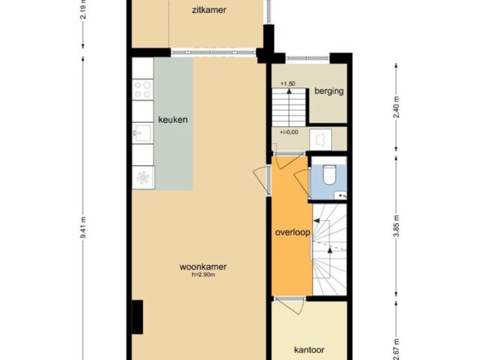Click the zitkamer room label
[209, 10]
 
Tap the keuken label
[173, 119]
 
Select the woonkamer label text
[204, 267]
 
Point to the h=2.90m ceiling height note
[204, 275]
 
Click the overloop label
[293, 232]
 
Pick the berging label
[329, 91]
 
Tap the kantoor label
[309, 350]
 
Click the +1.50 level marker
[288, 83]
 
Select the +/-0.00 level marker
[289, 133]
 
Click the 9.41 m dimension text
[83, 227]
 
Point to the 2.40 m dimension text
[396, 106]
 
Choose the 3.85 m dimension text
[396, 226]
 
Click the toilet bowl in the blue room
[329, 174]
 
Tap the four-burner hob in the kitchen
[143, 89]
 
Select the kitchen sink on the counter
[143, 133]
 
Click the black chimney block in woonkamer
[137, 317]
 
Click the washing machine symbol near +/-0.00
[320, 140]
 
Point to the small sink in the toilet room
[340, 195]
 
